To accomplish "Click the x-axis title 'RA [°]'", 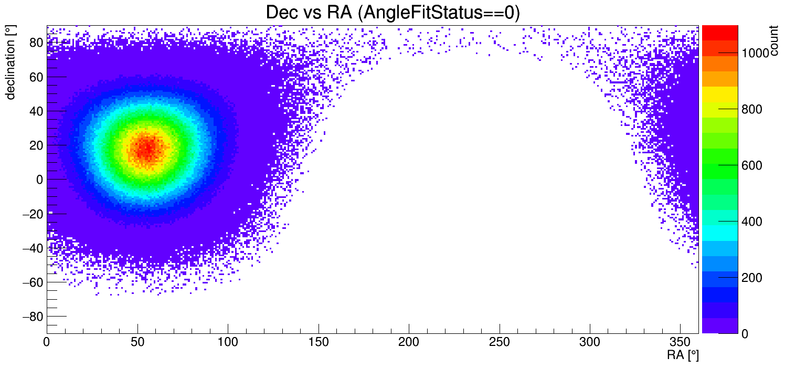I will click(683, 355).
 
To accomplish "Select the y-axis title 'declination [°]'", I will click(10, 62).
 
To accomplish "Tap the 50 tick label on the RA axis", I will click(137, 342).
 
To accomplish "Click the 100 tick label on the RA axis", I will click(228, 342).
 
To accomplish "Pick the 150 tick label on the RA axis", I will click(319, 342).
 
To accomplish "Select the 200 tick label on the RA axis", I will click(409, 342).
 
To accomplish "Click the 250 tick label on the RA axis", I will click(500, 342).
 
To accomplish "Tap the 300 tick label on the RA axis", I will click(590, 342).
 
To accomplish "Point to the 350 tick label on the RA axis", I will click(681, 342).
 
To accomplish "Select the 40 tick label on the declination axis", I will click(36, 111).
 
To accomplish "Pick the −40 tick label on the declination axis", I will click(33, 248).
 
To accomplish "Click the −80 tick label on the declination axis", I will click(33, 317).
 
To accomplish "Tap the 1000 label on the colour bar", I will click(755, 54).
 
